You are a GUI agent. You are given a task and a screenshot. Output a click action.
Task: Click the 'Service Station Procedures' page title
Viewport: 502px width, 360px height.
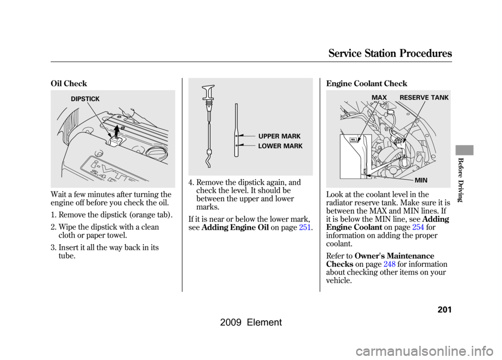point(390,53)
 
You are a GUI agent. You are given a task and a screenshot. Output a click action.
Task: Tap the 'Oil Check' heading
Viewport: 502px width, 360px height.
point(69,84)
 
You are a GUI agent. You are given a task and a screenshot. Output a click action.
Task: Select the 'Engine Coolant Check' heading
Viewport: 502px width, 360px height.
point(367,84)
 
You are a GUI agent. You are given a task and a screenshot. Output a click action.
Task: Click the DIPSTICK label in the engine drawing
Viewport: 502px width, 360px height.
point(85,99)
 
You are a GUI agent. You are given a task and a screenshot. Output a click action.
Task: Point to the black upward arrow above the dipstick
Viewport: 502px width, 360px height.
point(117,131)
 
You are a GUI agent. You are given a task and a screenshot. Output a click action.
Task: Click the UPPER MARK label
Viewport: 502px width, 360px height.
point(279,137)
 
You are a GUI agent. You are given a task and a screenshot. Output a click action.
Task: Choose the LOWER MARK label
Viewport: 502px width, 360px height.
point(280,146)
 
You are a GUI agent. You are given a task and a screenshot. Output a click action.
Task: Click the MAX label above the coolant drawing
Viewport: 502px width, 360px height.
point(379,97)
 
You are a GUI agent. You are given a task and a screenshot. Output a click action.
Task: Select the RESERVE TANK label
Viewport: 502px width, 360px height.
point(424,97)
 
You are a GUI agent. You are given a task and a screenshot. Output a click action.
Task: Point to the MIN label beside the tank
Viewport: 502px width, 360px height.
point(421,181)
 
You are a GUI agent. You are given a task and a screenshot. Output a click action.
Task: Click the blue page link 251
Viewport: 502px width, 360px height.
point(305,228)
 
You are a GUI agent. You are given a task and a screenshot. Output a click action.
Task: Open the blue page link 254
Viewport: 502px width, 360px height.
point(418,228)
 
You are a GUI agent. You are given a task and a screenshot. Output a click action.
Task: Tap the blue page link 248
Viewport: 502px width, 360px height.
point(389,264)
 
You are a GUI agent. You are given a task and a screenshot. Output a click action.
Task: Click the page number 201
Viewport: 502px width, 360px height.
point(444,310)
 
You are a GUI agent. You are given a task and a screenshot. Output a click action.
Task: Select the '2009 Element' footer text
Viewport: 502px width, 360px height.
point(251,322)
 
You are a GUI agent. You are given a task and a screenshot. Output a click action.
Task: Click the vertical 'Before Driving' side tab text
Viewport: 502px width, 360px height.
point(460,180)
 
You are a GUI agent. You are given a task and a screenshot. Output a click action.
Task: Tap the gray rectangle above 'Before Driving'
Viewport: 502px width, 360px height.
point(464,150)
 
